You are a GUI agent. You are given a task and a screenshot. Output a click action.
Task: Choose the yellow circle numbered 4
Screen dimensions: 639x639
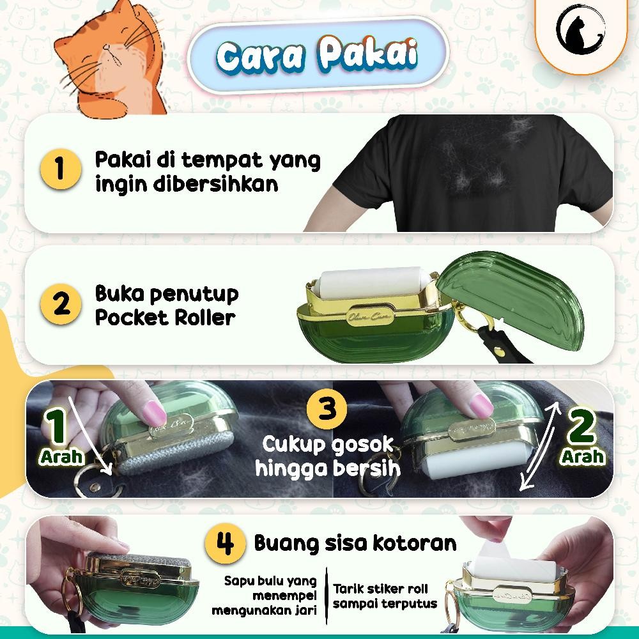coord(224,544)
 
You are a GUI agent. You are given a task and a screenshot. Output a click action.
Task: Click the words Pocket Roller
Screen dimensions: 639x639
coord(166,318)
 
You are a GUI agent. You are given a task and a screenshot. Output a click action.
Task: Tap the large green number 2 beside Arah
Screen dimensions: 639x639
coord(583,428)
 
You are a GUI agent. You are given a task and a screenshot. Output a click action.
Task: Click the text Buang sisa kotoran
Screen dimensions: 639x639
coord(355,543)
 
